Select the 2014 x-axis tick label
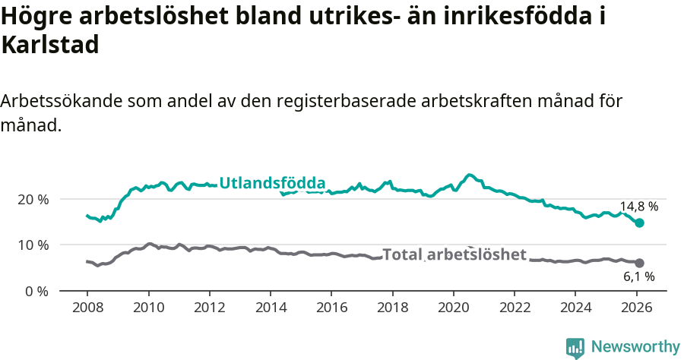[270, 309]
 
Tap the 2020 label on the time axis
[453, 309]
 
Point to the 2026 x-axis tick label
[636, 309]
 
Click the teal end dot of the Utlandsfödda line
[640, 223]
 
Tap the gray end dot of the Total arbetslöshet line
[640, 263]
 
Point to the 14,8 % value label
[638, 207]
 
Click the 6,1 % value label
[639, 277]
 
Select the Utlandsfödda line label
[272, 183]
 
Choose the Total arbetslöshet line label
[454, 255]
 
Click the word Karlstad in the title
[50, 46]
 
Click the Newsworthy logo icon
[575, 348]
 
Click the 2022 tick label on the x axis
[514, 309]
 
